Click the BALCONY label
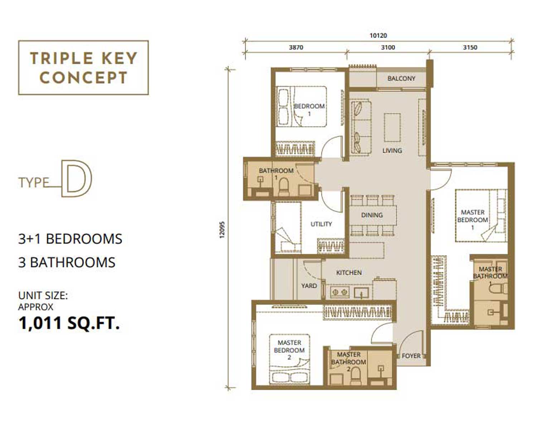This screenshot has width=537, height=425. point(401,78)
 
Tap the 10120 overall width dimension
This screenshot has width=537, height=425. point(378,35)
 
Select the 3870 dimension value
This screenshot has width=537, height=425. point(296,47)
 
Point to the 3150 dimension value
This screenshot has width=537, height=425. point(470,47)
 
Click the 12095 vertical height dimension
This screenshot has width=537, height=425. point(222,230)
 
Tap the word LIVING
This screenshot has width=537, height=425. point(392,151)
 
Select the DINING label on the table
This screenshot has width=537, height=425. point(372,215)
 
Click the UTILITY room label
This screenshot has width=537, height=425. point(321,224)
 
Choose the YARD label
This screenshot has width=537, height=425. point(309,286)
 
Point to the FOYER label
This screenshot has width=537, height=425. point(411,356)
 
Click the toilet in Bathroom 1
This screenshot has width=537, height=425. point(284,187)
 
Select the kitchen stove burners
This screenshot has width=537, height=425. point(340,292)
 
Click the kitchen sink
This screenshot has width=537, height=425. point(361,292)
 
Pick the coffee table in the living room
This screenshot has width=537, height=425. point(392,128)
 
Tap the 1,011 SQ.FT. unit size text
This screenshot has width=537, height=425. point(69,323)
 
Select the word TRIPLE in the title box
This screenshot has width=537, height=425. point(61,58)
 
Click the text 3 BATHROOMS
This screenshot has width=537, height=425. point(67,262)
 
